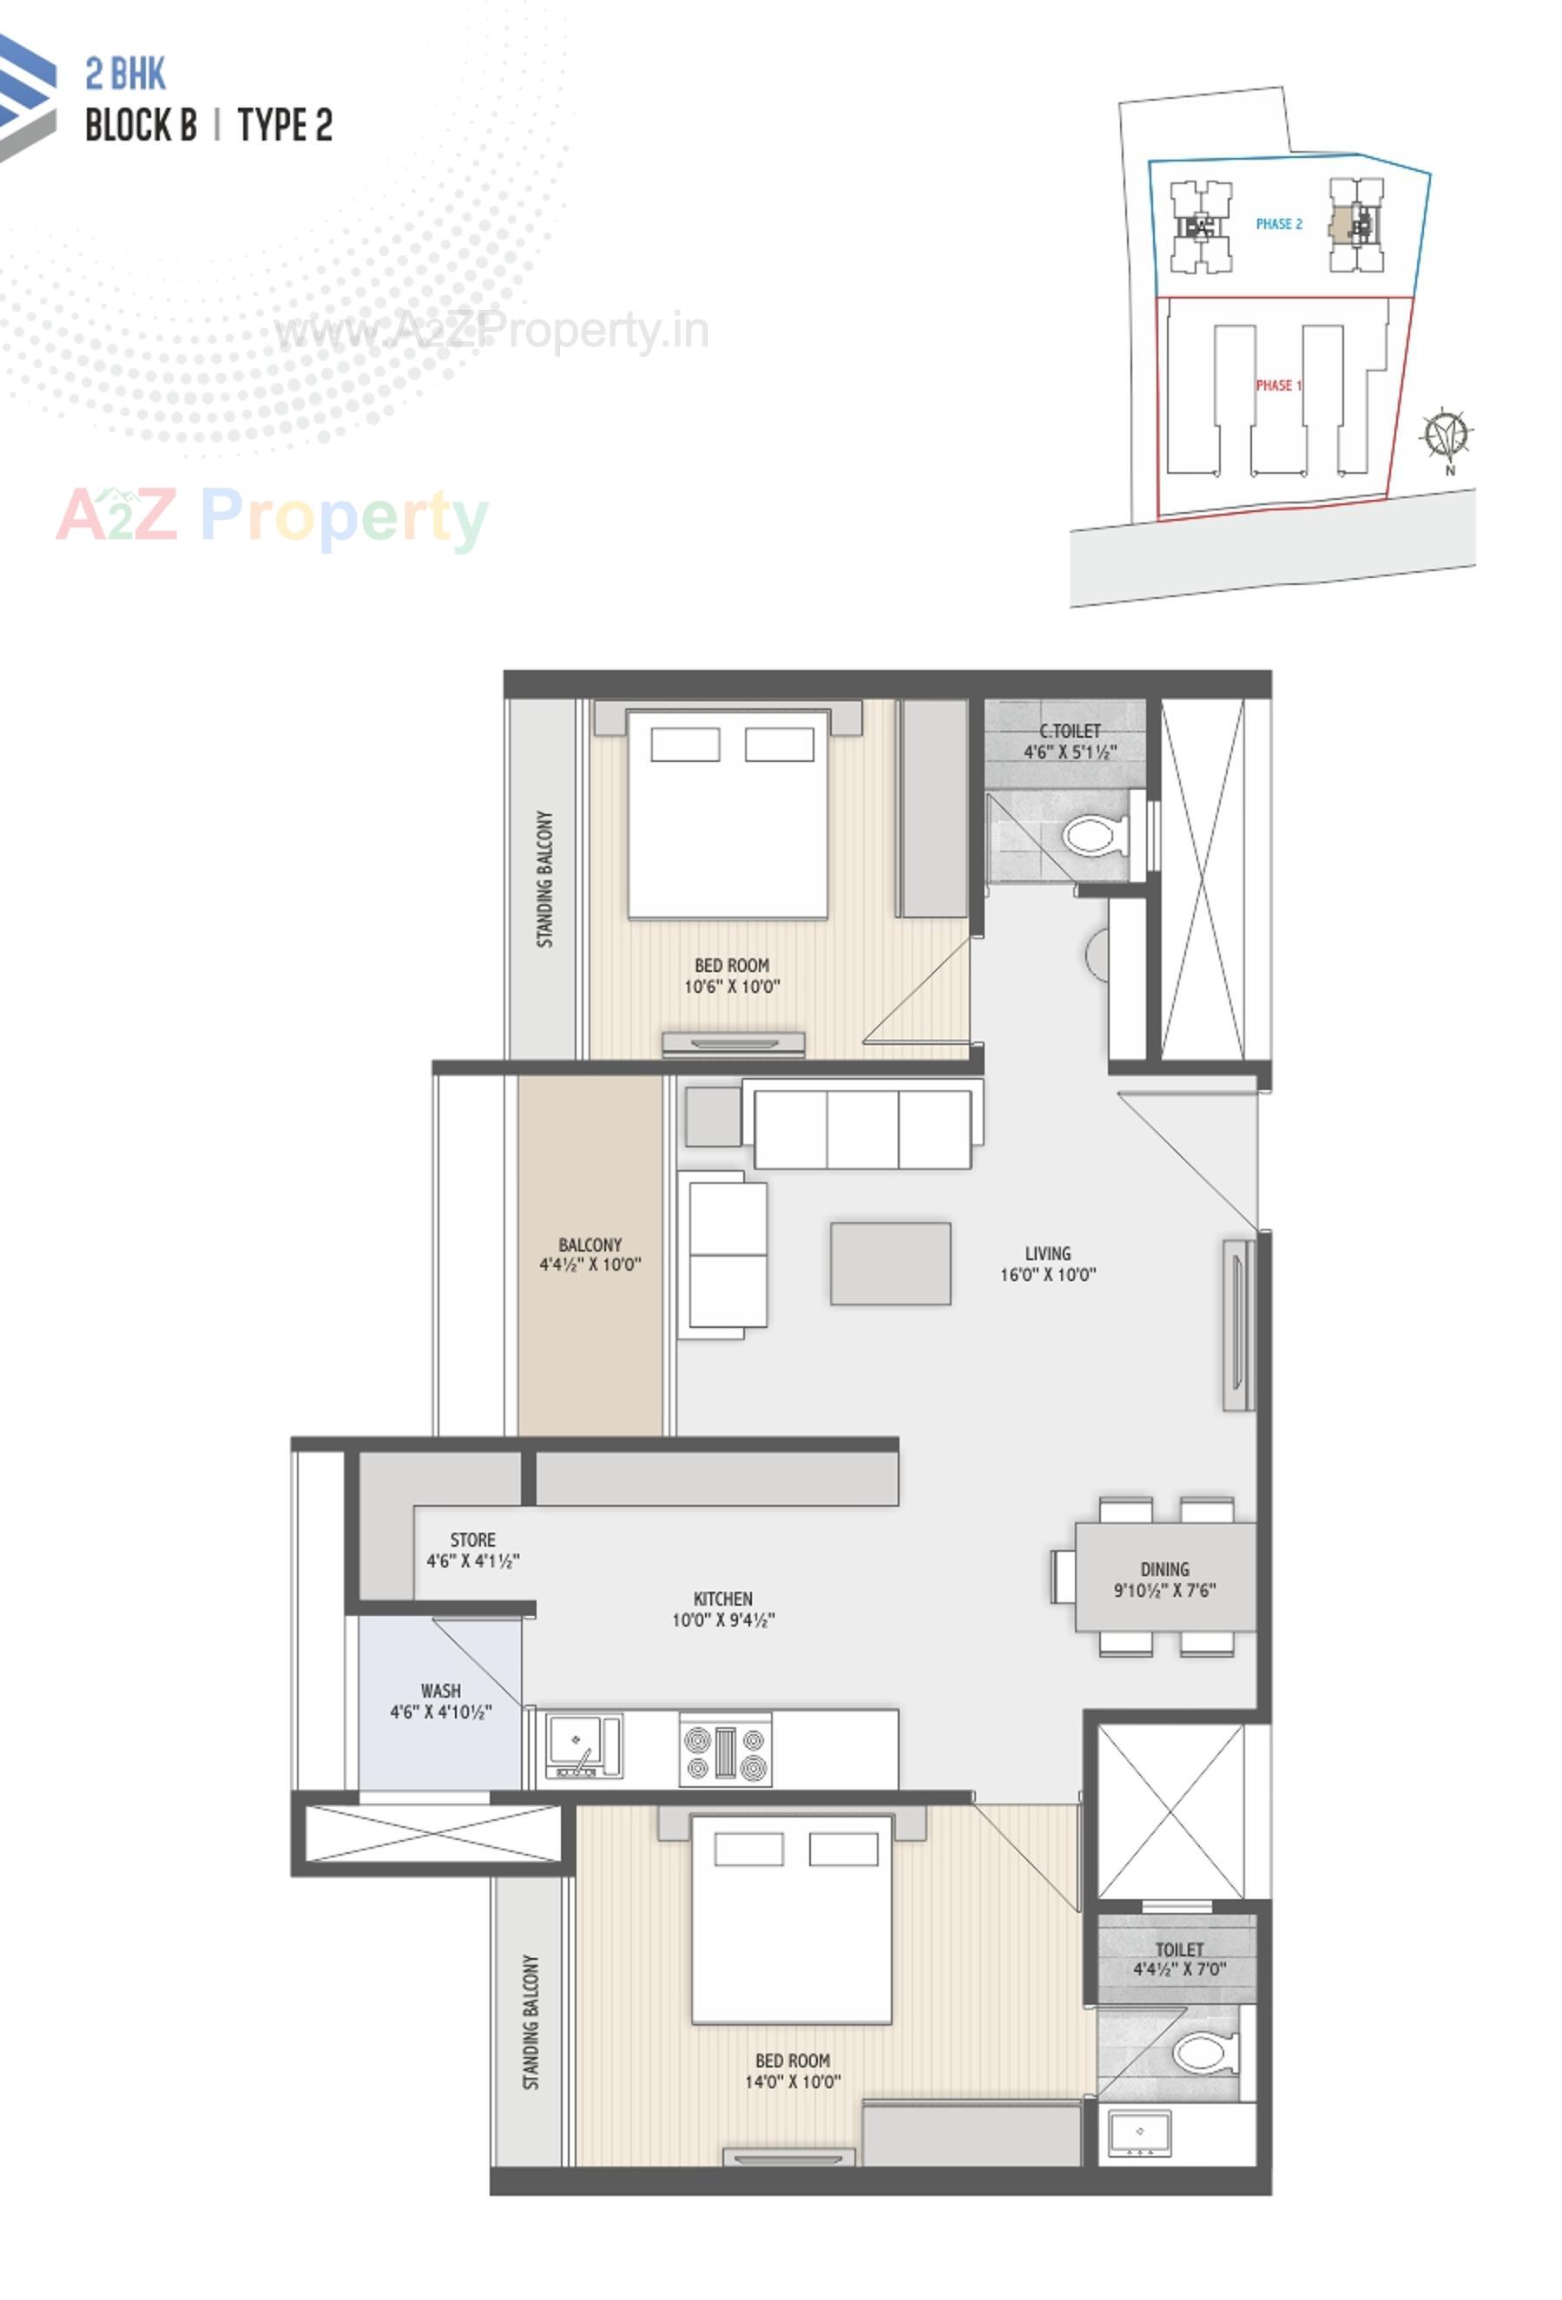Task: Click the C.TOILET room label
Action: click(1069, 732)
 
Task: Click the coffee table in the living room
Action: click(890, 1263)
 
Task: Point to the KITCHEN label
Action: click(722, 1599)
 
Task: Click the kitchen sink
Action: click(583, 1745)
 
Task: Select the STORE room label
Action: click(472, 1540)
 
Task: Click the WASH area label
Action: click(440, 1691)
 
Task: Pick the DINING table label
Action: click(1164, 1569)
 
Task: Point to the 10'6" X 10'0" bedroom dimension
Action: click(731, 987)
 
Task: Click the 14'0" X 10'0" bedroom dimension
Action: click(792, 2082)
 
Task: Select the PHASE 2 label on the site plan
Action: click(1278, 225)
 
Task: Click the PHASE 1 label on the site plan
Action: click(1278, 385)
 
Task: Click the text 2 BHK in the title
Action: click(126, 75)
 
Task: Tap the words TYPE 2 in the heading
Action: click(285, 126)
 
